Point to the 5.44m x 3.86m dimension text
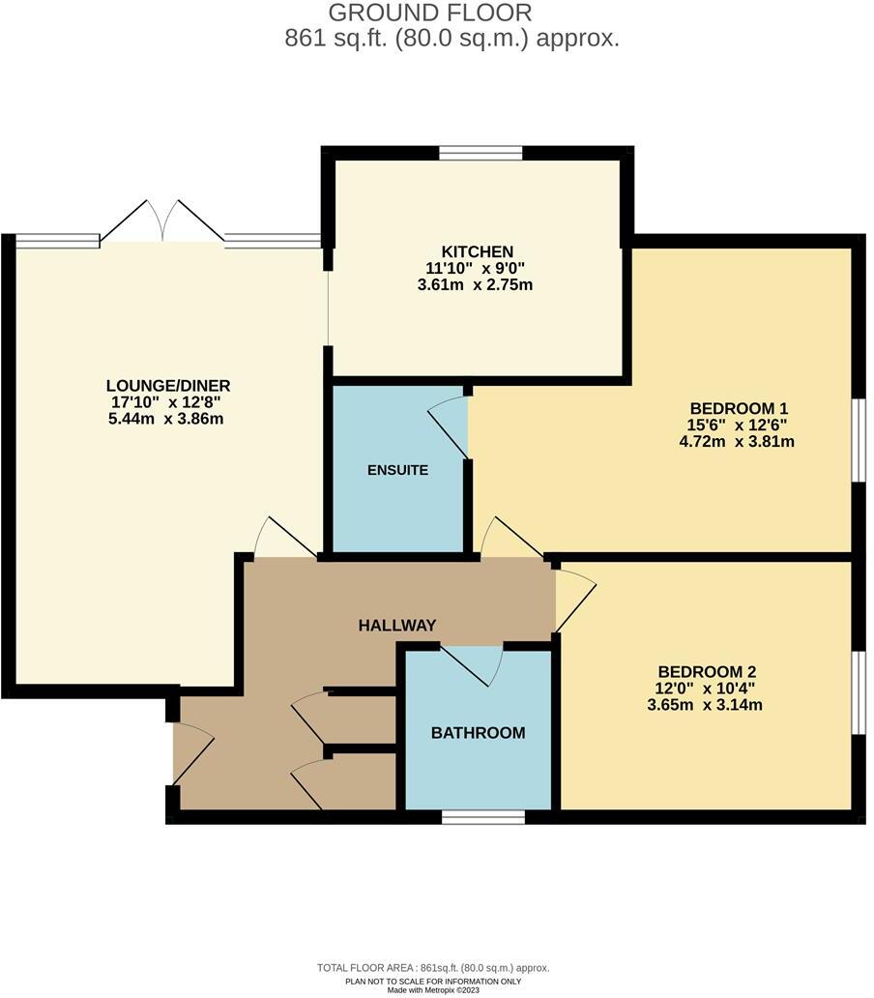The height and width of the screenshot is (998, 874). point(168,418)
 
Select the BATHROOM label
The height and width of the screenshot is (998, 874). point(478,732)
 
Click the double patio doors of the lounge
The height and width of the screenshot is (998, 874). point(162,222)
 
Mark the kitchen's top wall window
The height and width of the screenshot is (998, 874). point(481,152)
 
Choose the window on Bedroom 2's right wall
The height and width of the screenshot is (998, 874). point(859,692)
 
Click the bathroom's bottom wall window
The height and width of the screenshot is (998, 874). point(482,817)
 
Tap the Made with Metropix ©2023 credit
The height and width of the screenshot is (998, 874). point(432,989)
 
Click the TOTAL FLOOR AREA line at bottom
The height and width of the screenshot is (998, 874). point(432,968)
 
